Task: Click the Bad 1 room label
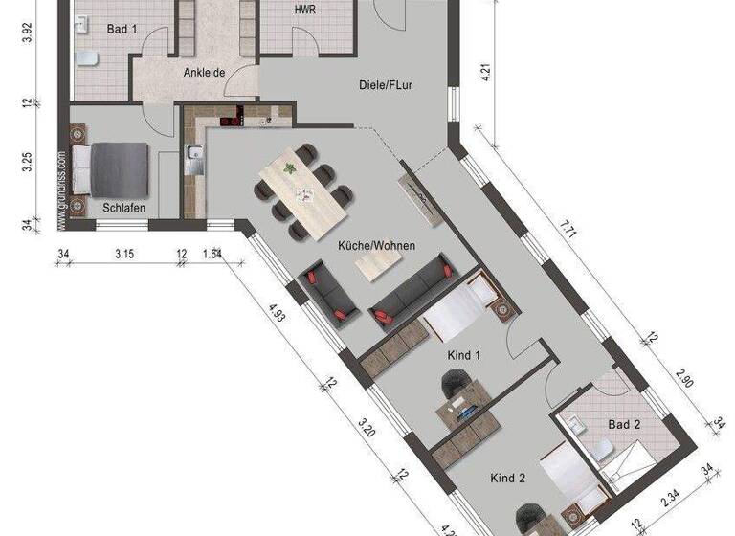click(122, 30)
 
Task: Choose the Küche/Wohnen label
click(376, 246)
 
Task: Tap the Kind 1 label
click(464, 356)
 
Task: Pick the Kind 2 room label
click(507, 478)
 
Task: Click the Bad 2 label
click(624, 423)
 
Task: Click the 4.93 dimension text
click(277, 313)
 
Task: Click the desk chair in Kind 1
click(454, 386)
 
